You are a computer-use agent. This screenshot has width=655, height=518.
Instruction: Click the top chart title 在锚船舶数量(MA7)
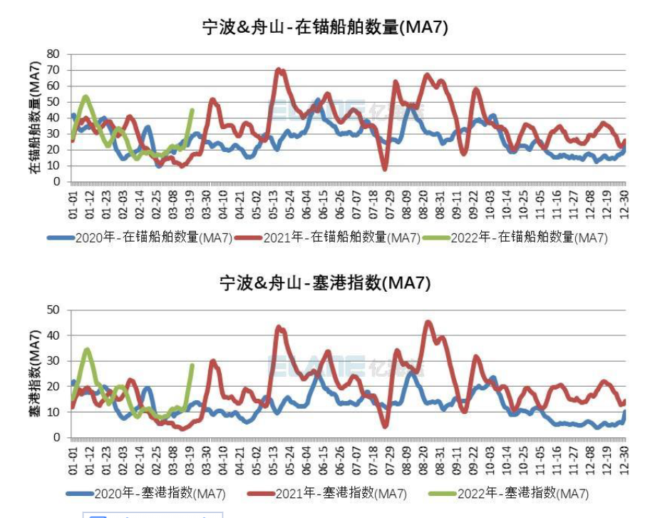click(325, 27)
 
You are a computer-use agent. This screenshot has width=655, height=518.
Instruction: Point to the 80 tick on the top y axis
click(52, 54)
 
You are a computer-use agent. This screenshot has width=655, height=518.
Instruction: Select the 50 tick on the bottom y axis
click(52, 310)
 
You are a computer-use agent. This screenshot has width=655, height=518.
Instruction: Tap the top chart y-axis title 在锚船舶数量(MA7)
click(33, 118)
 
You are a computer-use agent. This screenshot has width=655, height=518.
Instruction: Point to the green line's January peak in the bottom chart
click(86, 349)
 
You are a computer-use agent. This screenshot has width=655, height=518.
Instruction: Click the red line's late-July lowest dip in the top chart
click(385, 169)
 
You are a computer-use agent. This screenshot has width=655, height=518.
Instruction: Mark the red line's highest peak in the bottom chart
click(428, 322)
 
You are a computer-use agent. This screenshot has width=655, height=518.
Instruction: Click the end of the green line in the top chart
click(192, 110)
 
